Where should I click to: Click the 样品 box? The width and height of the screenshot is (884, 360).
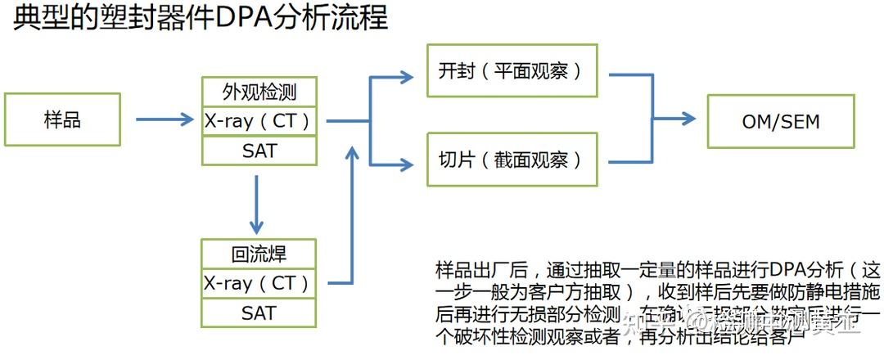pyautogui.click(x=62, y=119)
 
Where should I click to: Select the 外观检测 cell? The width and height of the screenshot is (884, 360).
pyautogui.click(x=259, y=90)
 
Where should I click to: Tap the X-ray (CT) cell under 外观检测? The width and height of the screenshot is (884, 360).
pyautogui.click(x=259, y=120)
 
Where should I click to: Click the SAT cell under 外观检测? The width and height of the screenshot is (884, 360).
pyautogui.click(x=259, y=151)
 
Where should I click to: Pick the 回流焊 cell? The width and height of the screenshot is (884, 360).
pyautogui.click(x=259, y=253)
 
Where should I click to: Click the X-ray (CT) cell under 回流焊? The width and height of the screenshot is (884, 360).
pyautogui.click(x=259, y=283)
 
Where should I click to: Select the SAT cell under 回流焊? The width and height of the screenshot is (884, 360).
pyautogui.click(x=259, y=313)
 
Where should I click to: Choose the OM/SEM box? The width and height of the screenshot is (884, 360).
pyautogui.click(x=780, y=121)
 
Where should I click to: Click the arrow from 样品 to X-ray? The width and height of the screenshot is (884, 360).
pyautogui.click(x=164, y=120)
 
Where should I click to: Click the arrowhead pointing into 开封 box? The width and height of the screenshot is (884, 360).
pyautogui.click(x=405, y=77)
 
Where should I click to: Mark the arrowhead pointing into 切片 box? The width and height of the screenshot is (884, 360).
pyautogui.click(x=405, y=164)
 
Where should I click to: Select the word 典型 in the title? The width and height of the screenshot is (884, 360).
pyautogui.click(x=37, y=17)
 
